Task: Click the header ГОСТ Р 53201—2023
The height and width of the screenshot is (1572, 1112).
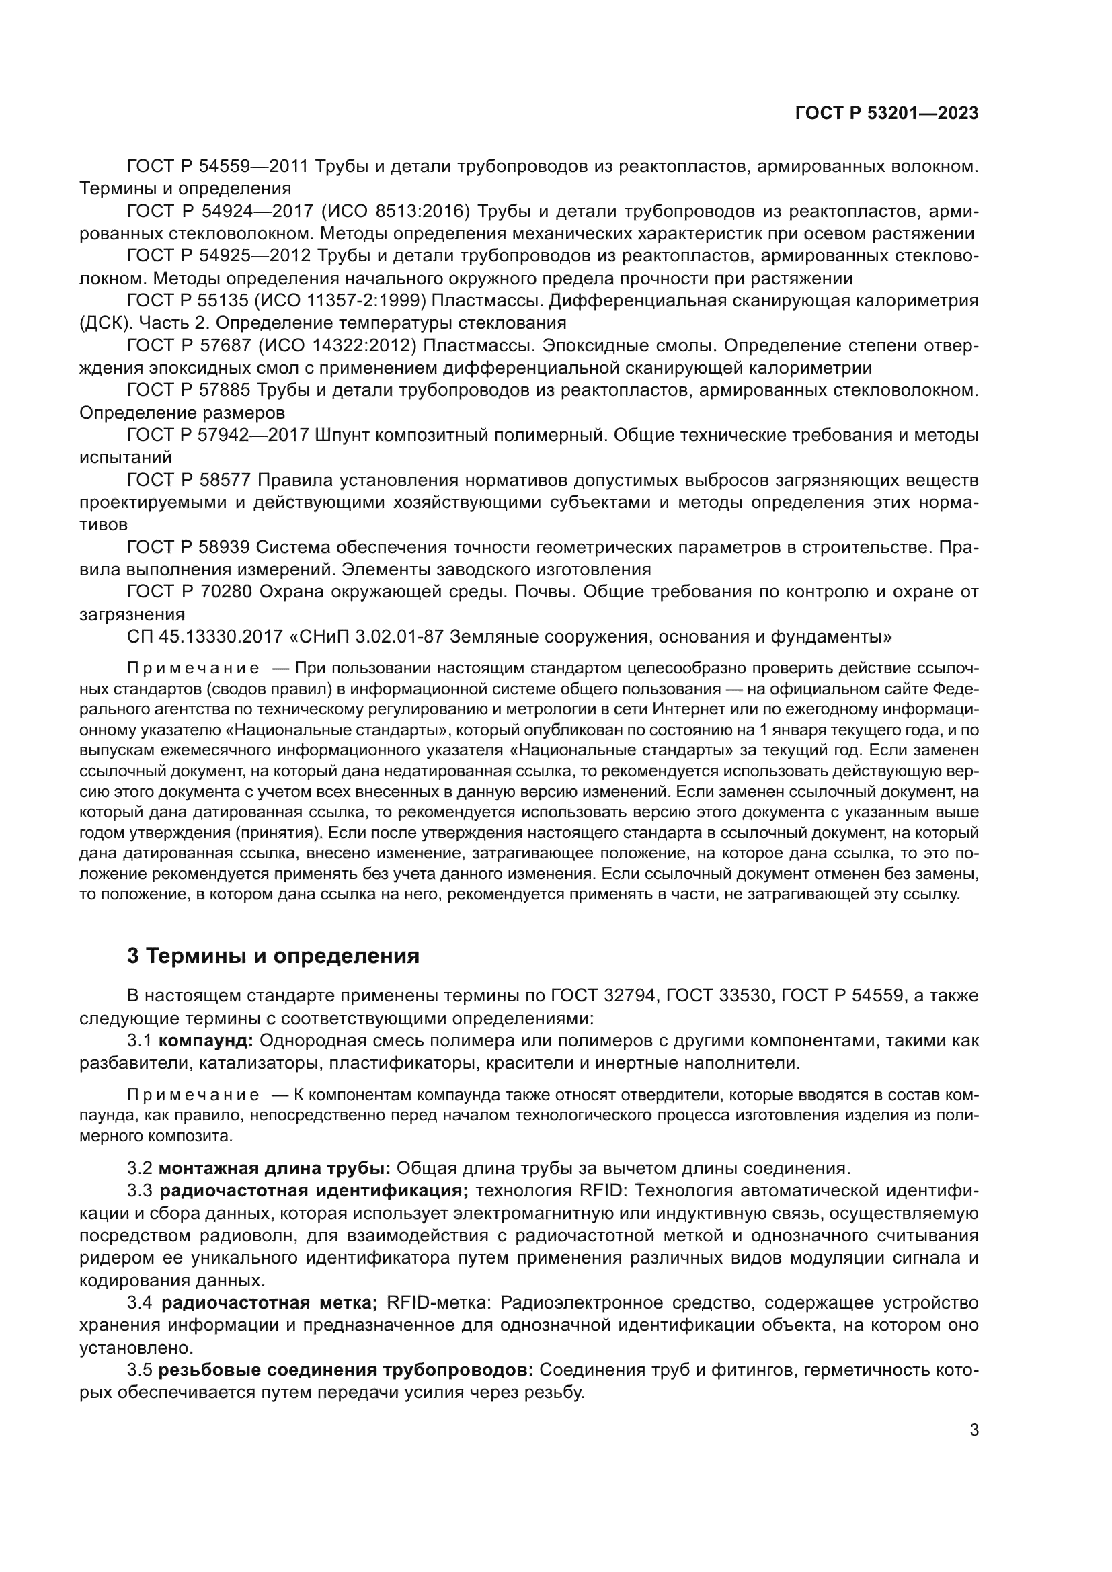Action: coord(887,114)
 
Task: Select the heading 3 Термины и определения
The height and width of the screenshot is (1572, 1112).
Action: coord(273,955)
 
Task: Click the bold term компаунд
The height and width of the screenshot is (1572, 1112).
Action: coord(206,1040)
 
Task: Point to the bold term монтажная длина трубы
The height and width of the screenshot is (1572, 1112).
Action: coord(274,1168)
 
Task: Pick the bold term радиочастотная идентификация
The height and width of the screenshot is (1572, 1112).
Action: coord(313,1191)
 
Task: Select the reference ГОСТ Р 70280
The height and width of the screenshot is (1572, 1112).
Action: coord(190,591)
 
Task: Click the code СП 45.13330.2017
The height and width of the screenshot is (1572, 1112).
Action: coord(205,636)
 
